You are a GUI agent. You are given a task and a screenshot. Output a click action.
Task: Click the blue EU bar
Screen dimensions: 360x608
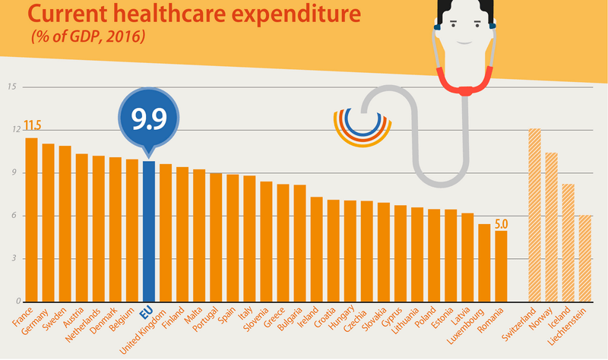click(x=149, y=232)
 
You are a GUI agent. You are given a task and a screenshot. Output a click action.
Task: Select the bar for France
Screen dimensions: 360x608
click(x=31, y=219)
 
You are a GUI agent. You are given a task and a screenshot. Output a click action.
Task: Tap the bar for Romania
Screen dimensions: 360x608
click(x=500, y=266)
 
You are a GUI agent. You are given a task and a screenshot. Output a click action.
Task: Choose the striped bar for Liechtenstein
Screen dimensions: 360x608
click(x=584, y=258)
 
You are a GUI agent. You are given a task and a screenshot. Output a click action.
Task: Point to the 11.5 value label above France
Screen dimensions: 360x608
click(x=32, y=125)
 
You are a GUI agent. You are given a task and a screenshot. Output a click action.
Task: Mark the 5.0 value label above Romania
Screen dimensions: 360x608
click(x=502, y=224)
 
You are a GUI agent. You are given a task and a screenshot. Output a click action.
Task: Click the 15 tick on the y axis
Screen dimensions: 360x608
click(x=11, y=87)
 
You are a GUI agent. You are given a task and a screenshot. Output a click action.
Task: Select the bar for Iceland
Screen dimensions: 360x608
click(x=568, y=243)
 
